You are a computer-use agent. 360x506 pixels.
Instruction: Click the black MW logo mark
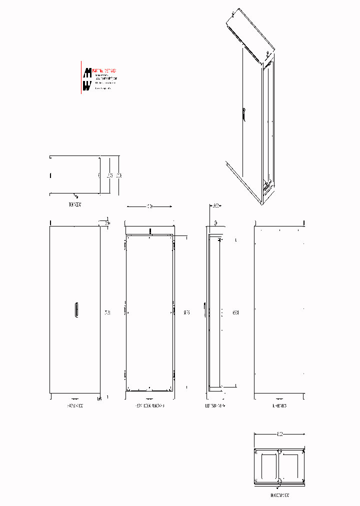pos(86,79)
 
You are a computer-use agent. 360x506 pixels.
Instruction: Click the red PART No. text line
pos(104,71)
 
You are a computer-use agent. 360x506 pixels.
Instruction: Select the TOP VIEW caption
pos(74,204)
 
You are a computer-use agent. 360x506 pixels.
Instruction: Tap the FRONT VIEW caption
pos(74,406)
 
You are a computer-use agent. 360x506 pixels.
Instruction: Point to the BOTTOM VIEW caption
pos(279,495)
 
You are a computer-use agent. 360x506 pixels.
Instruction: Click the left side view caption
pos(215,406)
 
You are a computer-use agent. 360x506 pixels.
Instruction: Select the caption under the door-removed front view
pos(149,406)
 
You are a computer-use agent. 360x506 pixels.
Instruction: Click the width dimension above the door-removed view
pos(149,206)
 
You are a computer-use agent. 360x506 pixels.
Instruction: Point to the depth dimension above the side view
pos(216,205)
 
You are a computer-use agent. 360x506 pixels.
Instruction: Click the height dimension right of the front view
pos(106,313)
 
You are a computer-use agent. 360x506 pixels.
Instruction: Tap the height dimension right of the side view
pos(235,313)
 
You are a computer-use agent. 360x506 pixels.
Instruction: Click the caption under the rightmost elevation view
pos(279,406)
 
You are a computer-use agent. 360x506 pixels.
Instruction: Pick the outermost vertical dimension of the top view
pos(119,175)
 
